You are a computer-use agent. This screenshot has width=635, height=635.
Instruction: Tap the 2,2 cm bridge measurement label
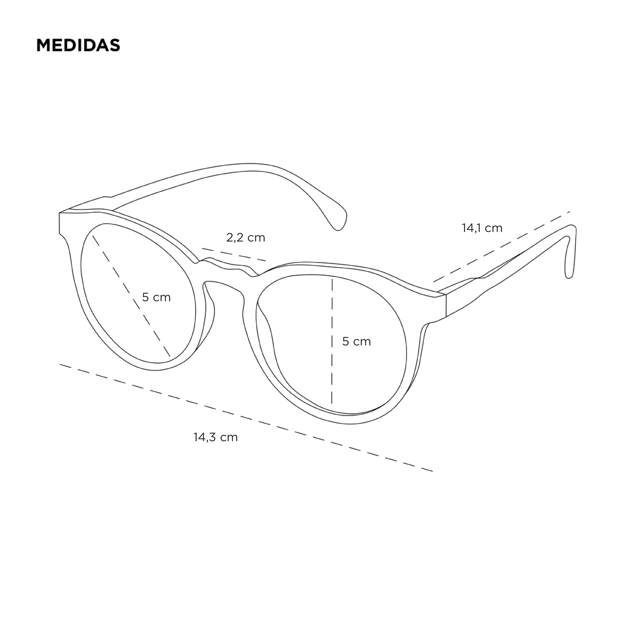point(246,238)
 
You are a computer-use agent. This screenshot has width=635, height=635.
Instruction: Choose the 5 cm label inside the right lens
point(356,342)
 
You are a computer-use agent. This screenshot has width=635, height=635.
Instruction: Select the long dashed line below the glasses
point(246,418)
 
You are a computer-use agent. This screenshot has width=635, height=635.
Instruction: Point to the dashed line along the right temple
point(502,246)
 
